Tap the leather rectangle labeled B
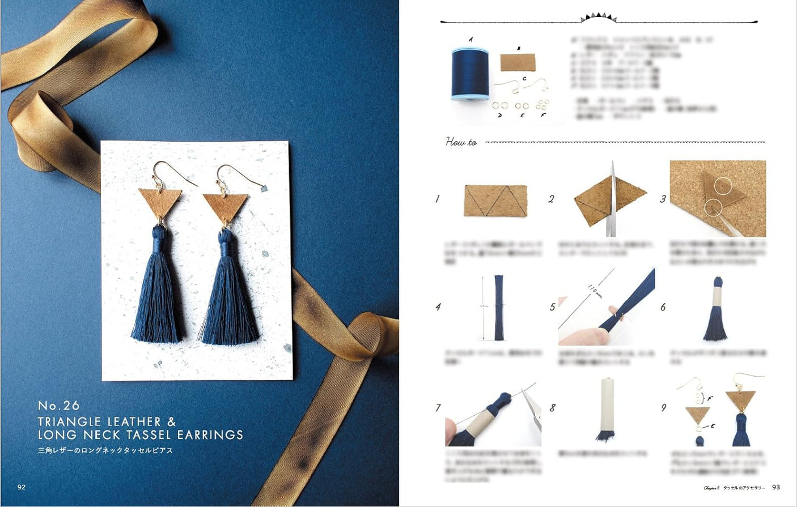click(x=518, y=62)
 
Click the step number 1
click(x=437, y=199)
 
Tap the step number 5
click(x=552, y=307)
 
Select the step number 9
click(x=663, y=407)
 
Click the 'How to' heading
click(x=461, y=142)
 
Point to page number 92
click(x=22, y=487)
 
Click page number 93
click(x=776, y=487)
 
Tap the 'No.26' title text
click(x=58, y=406)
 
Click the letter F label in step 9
click(x=711, y=398)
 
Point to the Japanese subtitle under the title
click(x=105, y=450)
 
